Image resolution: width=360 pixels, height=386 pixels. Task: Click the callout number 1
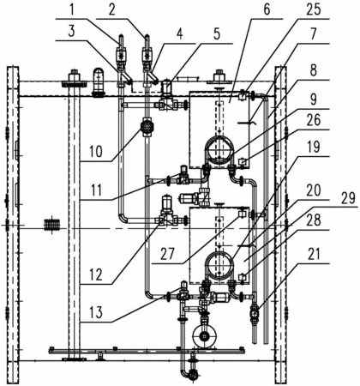coord(71,10)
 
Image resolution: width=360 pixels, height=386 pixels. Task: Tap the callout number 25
coord(313,10)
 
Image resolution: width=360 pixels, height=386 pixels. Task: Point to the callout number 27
coord(167,254)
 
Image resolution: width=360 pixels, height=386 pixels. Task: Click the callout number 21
coord(313,255)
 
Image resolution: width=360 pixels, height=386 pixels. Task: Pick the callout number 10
coord(95,152)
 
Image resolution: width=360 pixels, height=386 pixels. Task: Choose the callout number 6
coord(267,9)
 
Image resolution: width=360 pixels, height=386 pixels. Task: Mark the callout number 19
coord(313,148)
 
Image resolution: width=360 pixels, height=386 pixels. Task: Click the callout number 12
coord(95,274)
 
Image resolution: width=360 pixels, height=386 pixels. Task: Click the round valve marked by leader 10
coord(147,126)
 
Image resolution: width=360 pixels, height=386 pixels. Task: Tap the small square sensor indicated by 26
coord(243,162)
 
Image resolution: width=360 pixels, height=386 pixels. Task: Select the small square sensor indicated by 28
coord(243,276)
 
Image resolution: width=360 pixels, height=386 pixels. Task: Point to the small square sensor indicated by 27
coord(243,214)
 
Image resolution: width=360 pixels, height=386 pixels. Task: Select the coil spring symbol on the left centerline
coord(51,224)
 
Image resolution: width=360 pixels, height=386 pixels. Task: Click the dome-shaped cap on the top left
coord(99,82)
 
